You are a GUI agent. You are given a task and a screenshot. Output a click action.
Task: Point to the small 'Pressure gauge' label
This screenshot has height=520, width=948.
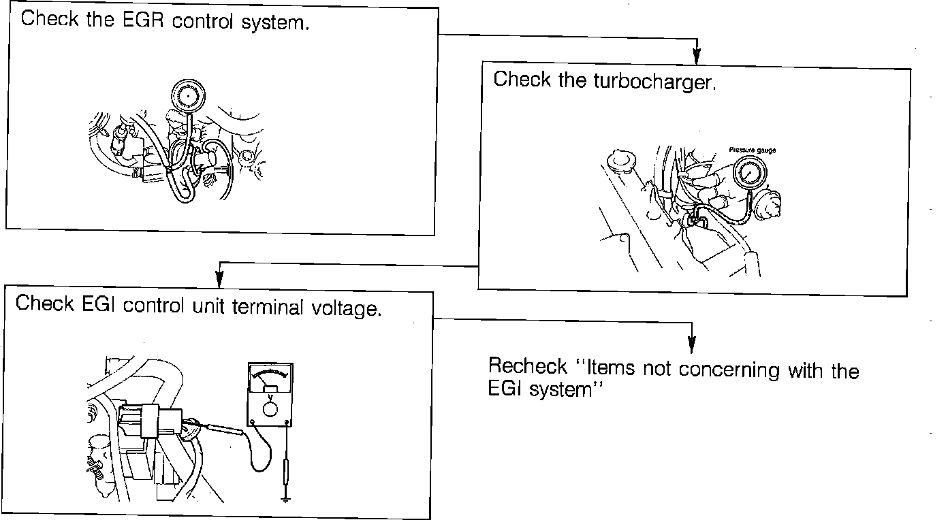pos(753,150)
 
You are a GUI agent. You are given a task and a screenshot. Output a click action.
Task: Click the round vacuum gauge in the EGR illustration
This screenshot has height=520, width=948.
pos(187,97)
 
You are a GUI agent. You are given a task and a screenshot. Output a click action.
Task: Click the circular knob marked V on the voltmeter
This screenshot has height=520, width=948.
pos(270,409)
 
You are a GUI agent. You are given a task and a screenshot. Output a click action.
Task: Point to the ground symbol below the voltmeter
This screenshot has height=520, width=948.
pos(285,500)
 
